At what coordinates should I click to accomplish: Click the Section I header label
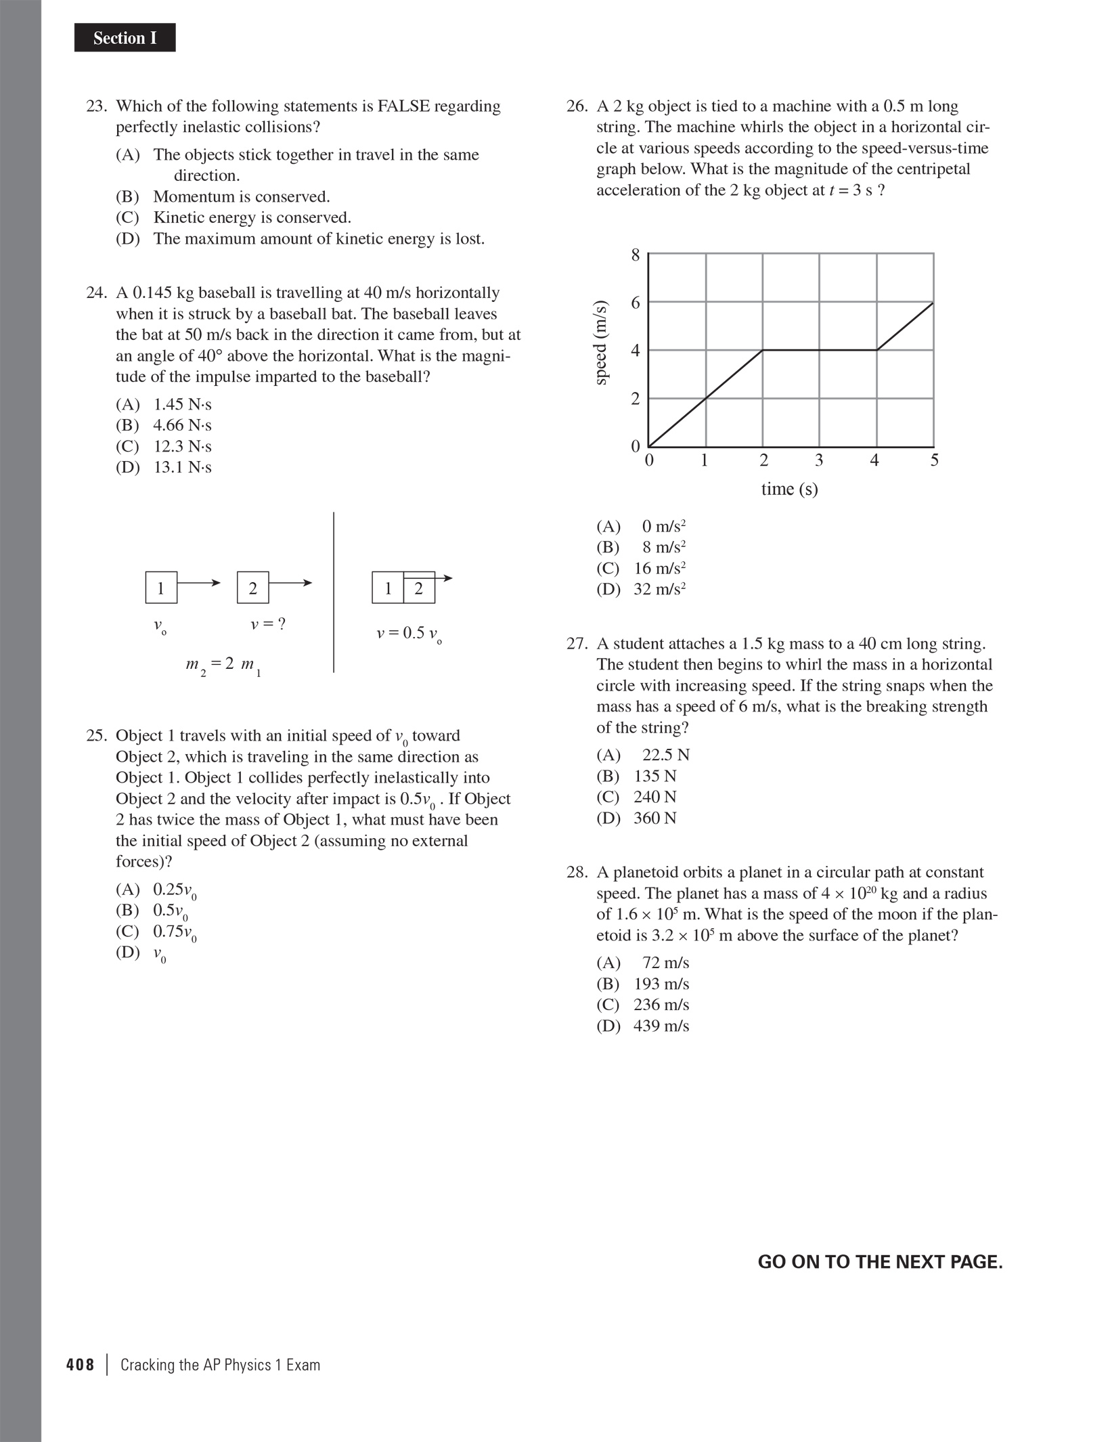click(125, 39)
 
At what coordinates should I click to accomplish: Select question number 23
click(97, 106)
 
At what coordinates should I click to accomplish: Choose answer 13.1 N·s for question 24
click(182, 468)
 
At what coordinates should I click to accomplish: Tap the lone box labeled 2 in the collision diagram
click(252, 588)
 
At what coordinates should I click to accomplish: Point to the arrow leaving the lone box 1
click(199, 583)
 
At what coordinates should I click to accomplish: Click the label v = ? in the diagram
click(268, 624)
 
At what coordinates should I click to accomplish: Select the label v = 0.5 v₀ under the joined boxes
click(409, 634)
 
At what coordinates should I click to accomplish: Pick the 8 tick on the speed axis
click(635, 255)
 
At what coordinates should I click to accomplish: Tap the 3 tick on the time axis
click(819, 461)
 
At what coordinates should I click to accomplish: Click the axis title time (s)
click(789, 489)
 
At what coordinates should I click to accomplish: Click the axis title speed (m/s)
click(600, 343)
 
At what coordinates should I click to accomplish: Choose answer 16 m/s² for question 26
click(659, 569)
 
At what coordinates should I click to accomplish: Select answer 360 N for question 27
click(654, 818)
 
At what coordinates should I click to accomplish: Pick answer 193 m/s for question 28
click(661, 984)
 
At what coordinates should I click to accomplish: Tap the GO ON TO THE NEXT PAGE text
click(880, 1263)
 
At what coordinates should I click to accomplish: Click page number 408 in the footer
click(81, 1365)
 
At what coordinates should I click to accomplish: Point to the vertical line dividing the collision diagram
click(334, 592)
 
